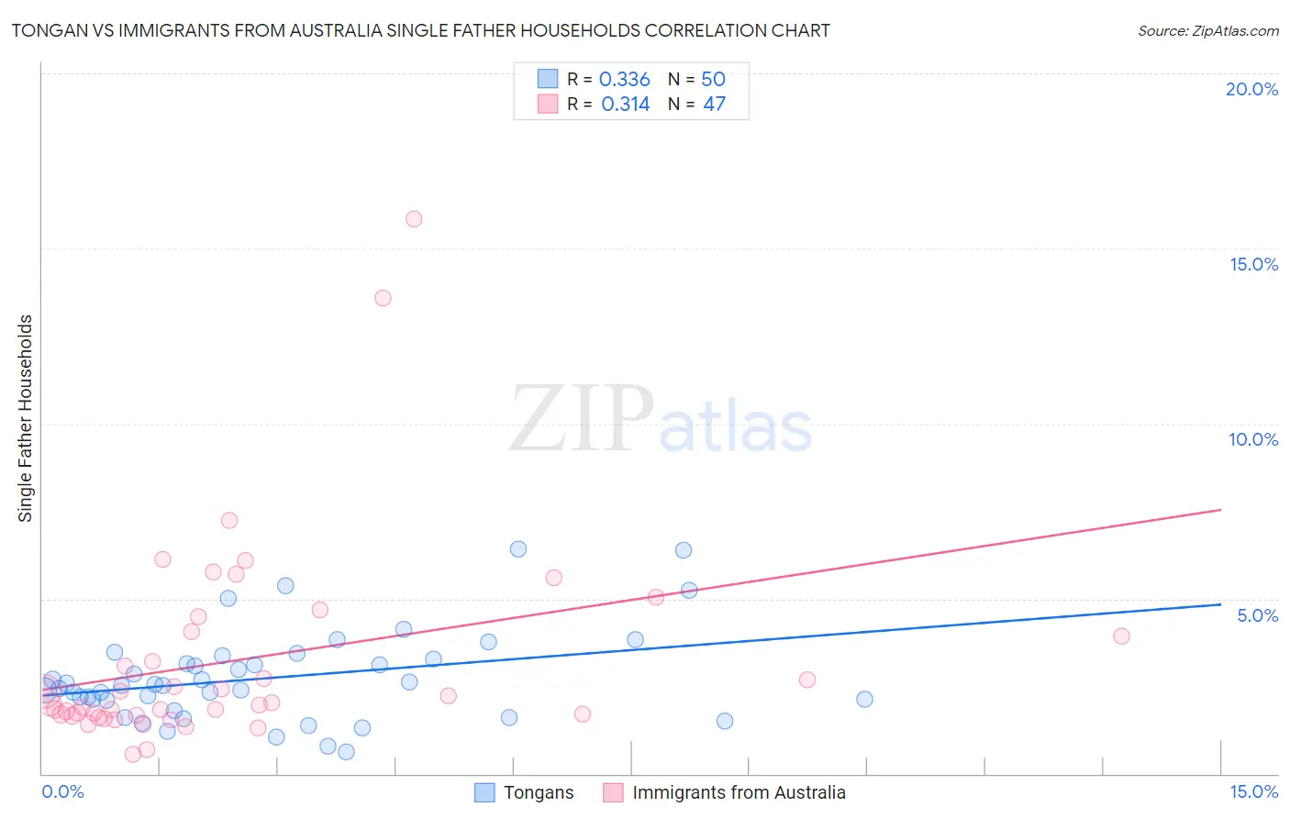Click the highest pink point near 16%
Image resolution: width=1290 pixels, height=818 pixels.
414,219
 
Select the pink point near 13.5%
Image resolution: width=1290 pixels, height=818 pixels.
384,298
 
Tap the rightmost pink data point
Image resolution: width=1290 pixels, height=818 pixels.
1121,636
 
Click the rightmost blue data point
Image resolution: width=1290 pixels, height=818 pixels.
864,700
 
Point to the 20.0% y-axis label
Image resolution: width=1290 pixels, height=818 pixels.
1251,89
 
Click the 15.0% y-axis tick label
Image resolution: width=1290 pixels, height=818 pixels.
1253,264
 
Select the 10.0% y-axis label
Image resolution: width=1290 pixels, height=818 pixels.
1253,439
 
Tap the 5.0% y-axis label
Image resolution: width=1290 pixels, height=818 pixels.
1257,615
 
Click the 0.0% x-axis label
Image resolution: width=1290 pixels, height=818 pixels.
62,792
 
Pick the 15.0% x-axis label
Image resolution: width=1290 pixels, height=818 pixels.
1253,792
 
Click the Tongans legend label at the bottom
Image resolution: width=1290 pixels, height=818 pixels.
539,793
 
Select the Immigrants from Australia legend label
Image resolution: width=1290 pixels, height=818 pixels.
739,793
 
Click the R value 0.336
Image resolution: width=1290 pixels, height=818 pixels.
624,80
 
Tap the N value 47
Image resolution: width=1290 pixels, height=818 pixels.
714,105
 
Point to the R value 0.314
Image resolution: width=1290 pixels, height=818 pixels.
625,105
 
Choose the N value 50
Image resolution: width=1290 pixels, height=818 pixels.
713,80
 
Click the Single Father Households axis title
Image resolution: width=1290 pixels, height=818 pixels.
26,418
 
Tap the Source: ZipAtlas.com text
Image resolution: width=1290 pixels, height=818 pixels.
1207,31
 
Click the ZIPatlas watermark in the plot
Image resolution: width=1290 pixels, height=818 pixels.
661,420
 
